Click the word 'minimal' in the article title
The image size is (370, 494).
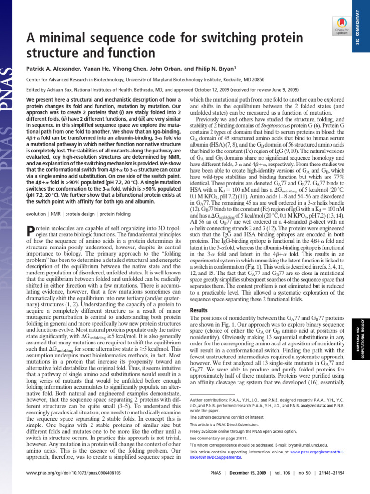(56, 38)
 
